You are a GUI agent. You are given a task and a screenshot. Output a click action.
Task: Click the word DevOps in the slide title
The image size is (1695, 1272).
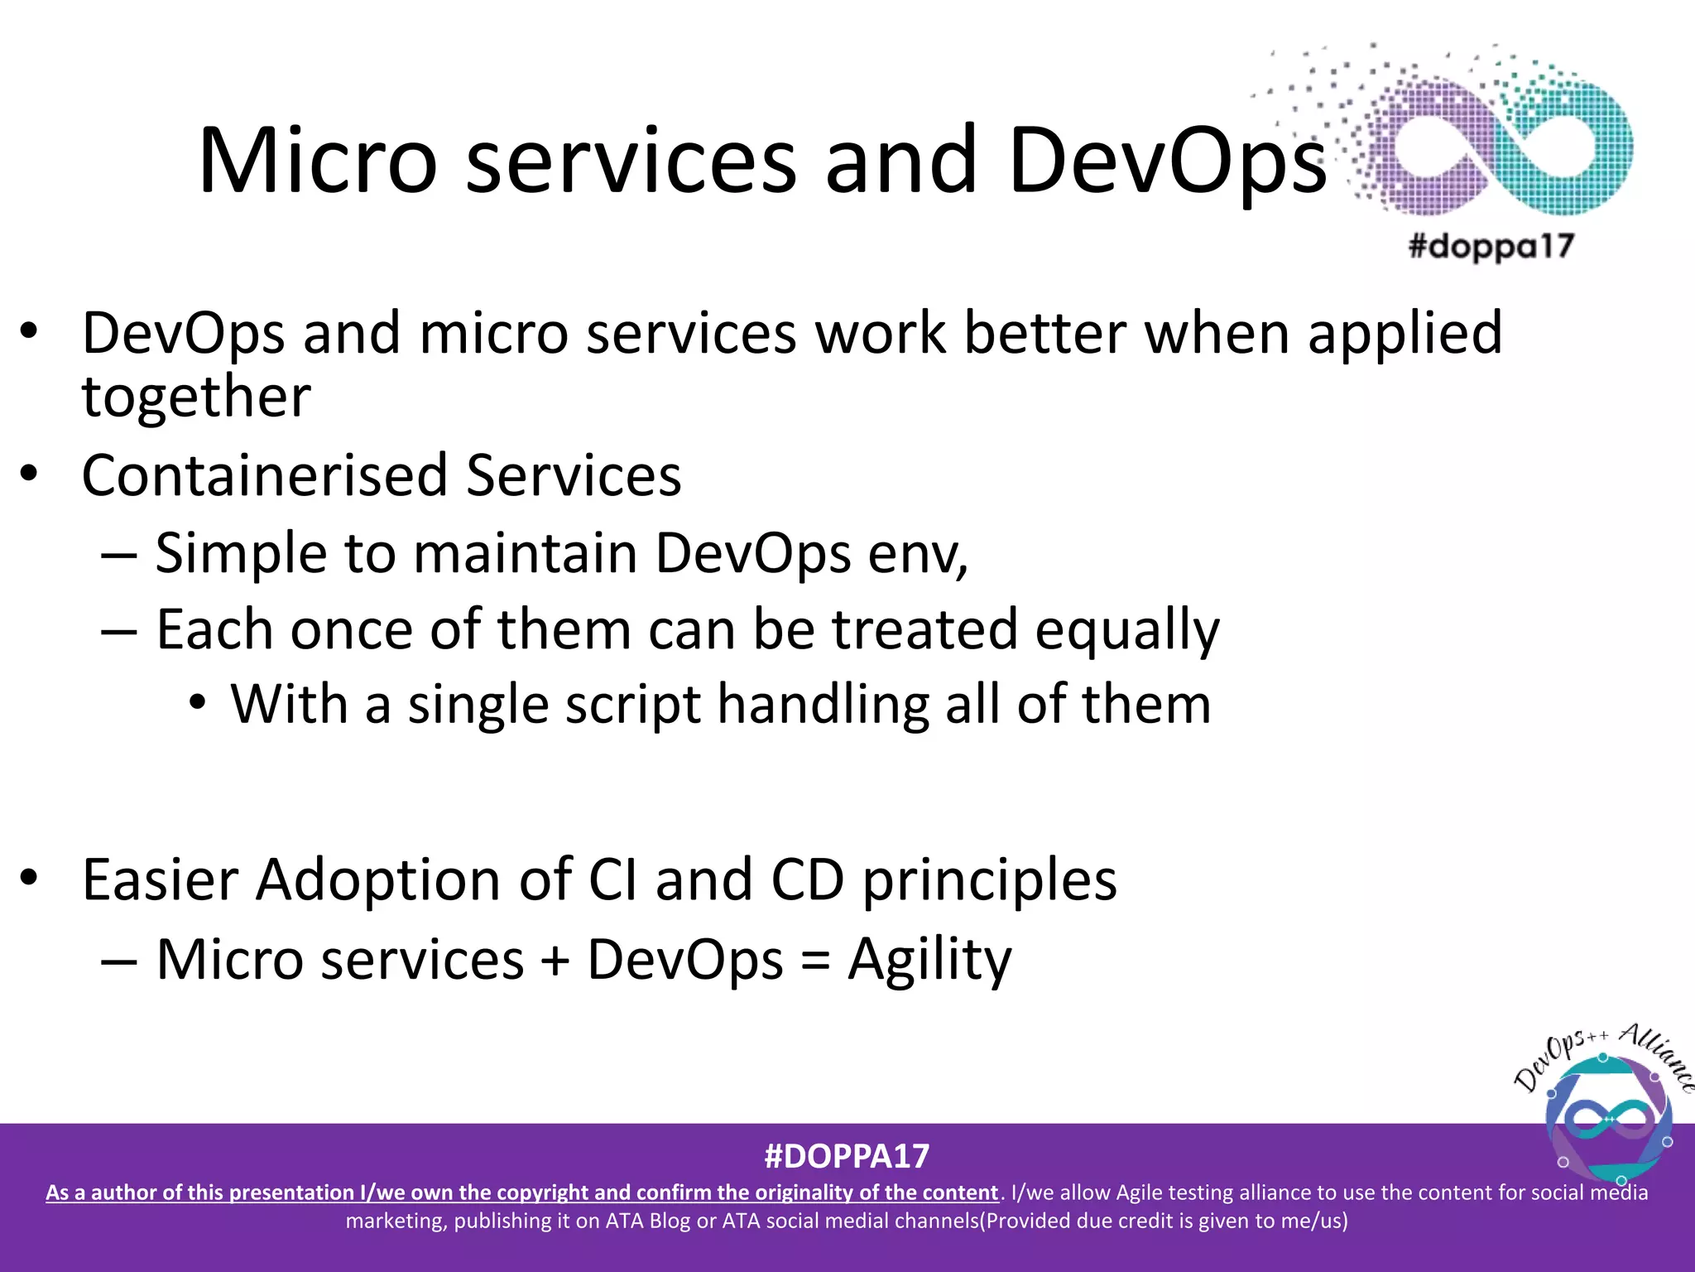[x=1167, y=161]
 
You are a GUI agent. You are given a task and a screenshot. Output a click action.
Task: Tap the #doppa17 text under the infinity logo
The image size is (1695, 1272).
[x=1491, y=246]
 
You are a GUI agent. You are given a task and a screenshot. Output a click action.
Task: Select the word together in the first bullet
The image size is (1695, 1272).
[x=196, y=397]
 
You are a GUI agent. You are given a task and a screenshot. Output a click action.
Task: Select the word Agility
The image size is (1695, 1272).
[x=929, y=960]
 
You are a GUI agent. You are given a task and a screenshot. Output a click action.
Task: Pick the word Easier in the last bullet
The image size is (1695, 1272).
[x=161, y=879]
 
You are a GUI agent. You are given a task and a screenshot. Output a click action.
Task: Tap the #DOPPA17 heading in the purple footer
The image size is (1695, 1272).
[x=847, y=1156]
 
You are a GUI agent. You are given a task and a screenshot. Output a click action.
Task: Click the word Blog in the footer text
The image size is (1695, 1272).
[x=669, y=1221]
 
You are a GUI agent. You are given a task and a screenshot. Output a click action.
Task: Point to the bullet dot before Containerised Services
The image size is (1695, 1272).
[x=30, y=475]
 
